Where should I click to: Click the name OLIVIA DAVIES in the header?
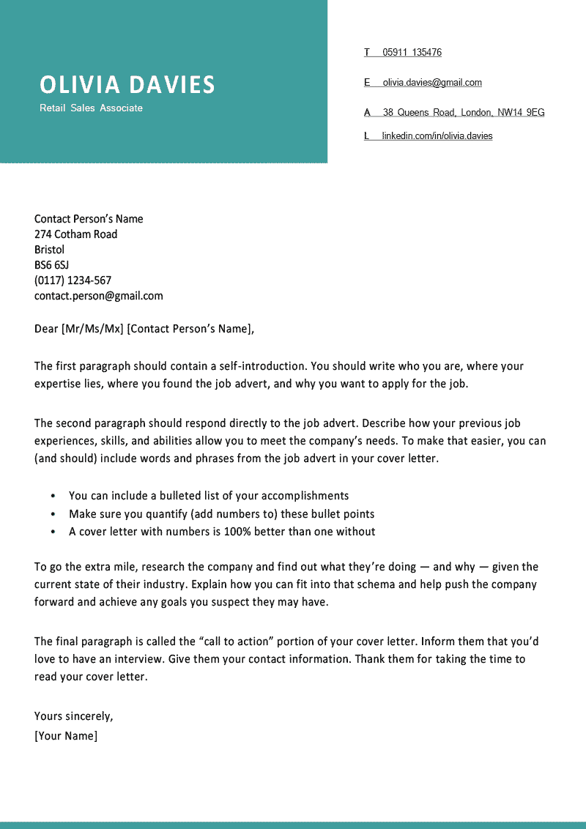[127, 85]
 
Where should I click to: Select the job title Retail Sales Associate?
[91, 108]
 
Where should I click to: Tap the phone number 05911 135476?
[412, 53]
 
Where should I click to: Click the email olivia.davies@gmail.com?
[431, 83]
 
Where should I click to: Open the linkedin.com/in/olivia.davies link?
[437, 136]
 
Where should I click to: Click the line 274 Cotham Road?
[75, 234]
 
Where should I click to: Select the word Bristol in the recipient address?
[49, 250]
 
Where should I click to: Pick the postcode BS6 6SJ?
[51, 265]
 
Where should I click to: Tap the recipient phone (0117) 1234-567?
[73, 280]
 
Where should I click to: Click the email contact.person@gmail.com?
[98, 296]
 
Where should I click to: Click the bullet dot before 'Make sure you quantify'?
[53, 515]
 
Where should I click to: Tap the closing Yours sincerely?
[73, 716]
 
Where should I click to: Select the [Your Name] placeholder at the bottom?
[65, 736]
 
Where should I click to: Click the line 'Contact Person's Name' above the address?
[89, 219]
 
